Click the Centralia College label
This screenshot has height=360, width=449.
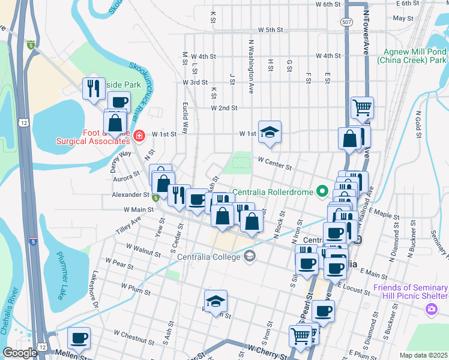[x=209, y=257]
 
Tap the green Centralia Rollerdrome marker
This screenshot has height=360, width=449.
[x=322, y=192]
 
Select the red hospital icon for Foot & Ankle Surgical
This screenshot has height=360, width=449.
[x=139, y=136]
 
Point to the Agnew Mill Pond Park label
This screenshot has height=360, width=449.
[x=411, y=56]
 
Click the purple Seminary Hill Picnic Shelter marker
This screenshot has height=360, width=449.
[x=431, y=309]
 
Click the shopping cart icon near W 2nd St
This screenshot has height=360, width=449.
[x=363, y=108]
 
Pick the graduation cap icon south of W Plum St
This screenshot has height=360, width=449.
[x=216, y=302]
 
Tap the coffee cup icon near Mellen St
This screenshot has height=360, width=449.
[x=79, y=338]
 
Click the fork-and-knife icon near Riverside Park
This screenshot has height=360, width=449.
[x=93, y=89]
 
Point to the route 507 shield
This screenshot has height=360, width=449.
[x=346, y=22]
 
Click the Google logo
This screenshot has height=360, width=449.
[x=20, y=353]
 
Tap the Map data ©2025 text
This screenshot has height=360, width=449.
[x=423, y=355]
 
